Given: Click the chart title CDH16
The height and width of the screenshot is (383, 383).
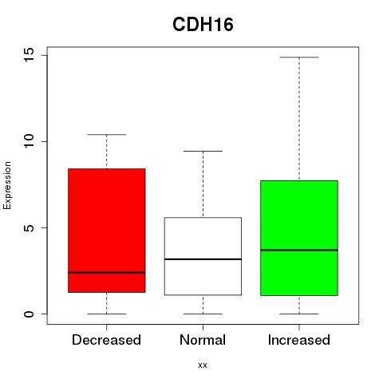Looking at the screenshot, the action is (x=203, y=25).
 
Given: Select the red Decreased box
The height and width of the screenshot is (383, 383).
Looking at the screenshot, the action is (x=107, y=231).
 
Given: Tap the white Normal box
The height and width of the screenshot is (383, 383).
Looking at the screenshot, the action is (x=203, y=256).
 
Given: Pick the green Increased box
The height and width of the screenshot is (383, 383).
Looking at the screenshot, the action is (x=299, y=238).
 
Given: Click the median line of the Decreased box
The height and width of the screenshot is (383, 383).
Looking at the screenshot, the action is (x=107, y=273).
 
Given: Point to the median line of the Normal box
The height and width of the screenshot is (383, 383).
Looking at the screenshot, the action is (x=203, y=259).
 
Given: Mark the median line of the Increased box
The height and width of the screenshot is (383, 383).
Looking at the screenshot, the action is (x=299, y=250).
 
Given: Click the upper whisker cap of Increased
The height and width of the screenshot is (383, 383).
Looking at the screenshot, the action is (x=299, y=57).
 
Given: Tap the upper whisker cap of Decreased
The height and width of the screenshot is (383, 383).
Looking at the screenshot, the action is (x=107, y=135).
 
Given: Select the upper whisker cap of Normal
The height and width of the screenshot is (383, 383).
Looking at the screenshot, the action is (x=203, y=151).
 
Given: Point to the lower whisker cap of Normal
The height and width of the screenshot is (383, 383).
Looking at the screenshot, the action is (x=203, y=314).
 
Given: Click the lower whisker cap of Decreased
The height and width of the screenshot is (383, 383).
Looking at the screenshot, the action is (x=107, y=314).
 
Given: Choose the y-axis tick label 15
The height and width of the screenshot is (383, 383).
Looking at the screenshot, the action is (x=30, y=55).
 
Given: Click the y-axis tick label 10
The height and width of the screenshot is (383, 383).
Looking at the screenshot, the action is (x=30, y=141).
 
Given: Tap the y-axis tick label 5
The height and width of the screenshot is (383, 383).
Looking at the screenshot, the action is (x=30, y=227).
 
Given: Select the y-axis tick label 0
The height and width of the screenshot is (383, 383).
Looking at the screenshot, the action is (x=30, y=314).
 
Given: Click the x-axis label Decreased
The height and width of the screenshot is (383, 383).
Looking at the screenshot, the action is (x=106, y=340).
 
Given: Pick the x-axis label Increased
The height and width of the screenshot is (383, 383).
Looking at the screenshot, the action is (x=299, y=340).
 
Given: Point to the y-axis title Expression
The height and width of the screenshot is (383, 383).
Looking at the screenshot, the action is (x=7, y=186).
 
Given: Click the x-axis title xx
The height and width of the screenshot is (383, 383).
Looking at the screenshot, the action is (x=203, y=365).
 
